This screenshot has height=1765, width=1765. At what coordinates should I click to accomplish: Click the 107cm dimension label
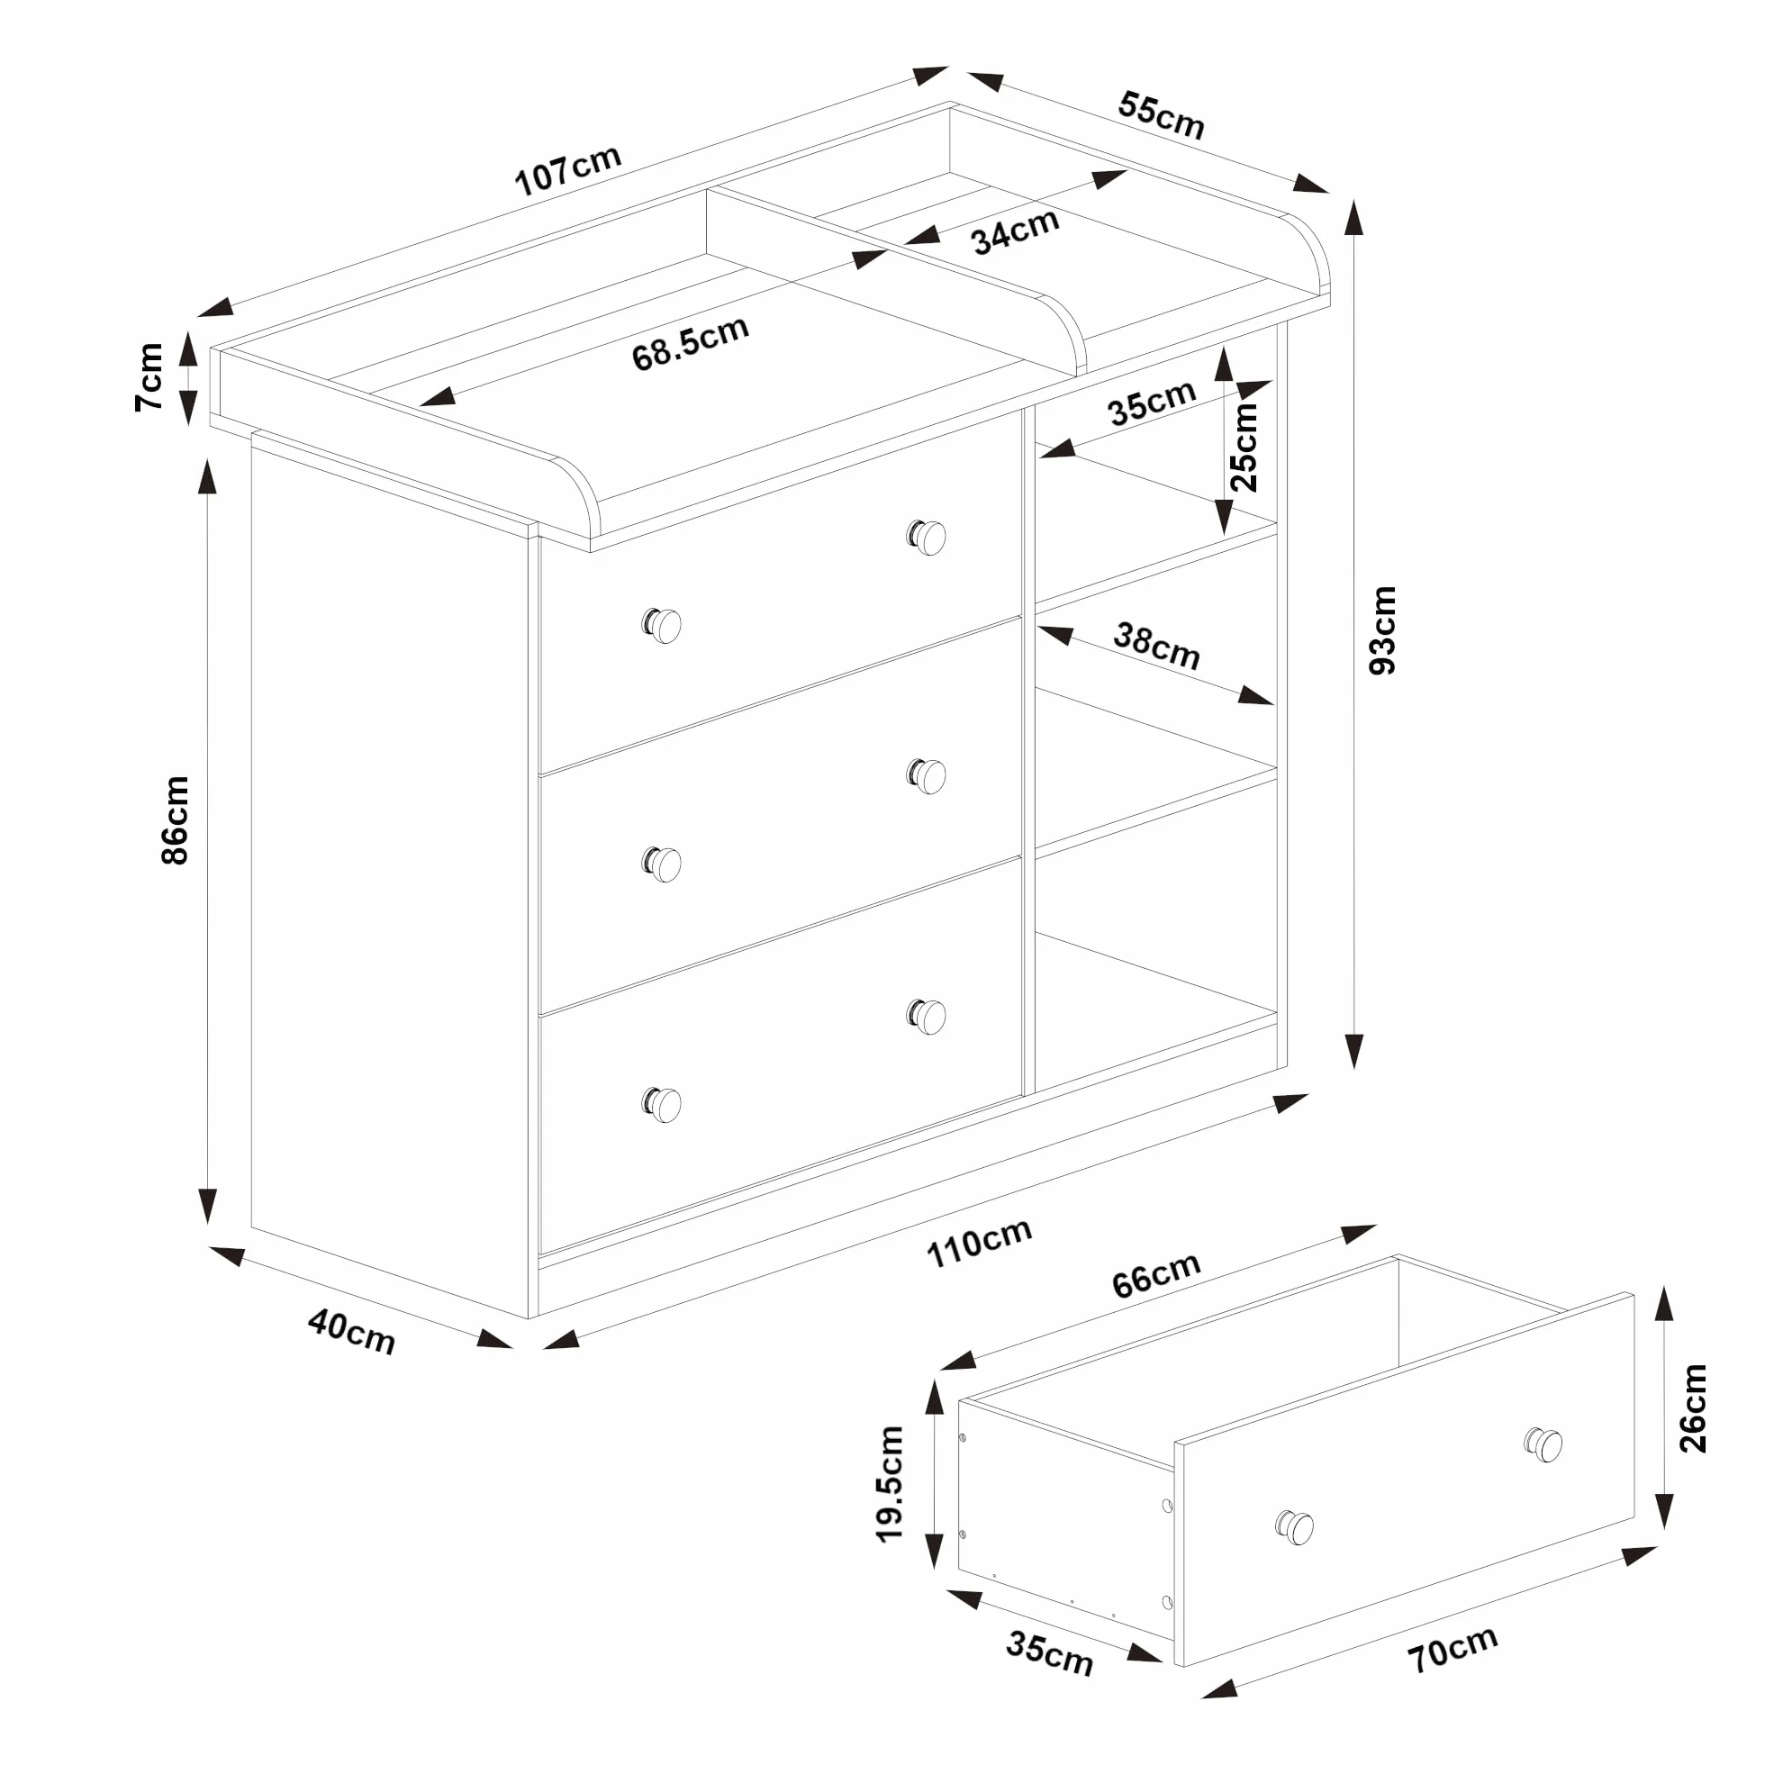[x=567, y=170]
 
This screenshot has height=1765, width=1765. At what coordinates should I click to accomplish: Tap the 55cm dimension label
[x=1161, y=116]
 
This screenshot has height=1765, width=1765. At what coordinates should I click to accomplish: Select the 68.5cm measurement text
[x=690, y=343]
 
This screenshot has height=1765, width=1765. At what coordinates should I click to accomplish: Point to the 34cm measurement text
[x=1014, y=231]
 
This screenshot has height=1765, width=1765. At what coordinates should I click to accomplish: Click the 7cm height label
[x=149, y=376]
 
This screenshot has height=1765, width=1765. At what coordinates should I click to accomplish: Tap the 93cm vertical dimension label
[x=1382, y=630]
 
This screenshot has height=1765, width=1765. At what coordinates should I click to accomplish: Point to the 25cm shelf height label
[x=1245, y=447]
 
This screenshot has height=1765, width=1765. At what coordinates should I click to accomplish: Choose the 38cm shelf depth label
[x=1155, y=646]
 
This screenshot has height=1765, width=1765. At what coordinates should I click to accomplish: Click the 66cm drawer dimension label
[x=1155, y=1274]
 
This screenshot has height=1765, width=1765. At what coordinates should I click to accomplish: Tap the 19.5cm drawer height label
[x=889, y=1485]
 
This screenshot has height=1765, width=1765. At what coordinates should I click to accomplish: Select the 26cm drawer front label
[x=1692, y=1407]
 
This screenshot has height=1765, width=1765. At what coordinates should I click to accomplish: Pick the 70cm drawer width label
[x=1452, y=1649]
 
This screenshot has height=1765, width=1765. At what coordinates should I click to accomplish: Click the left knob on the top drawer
[x=663, y=626]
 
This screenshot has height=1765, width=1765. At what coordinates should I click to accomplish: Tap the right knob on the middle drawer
[x=927, y=775]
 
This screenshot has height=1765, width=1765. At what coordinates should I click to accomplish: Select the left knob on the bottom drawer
[x=663, y=1105]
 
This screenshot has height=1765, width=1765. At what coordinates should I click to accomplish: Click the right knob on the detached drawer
[x=1543, y=1444]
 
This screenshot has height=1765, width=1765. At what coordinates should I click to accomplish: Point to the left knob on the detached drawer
[x=1295, y=1526]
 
